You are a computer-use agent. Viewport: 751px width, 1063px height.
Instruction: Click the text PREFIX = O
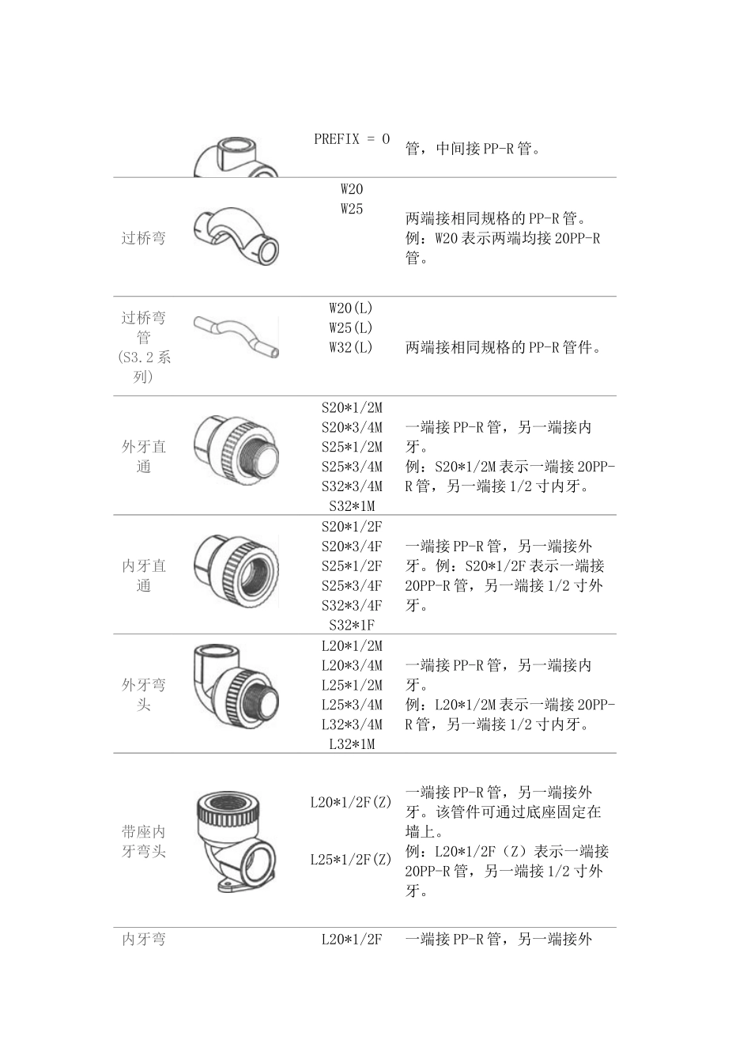(x=351, y=139)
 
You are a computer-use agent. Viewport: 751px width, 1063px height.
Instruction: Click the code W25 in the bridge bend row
(x=351, y=209)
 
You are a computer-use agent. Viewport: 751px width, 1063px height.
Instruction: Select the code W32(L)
(x=351, y=347)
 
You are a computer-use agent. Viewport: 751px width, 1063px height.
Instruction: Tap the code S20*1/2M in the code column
(x=351, y=408)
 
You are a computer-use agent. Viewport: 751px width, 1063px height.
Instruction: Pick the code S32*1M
(x=351, y=506)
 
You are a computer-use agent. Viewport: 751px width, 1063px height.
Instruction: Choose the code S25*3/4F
(x=351, y=586)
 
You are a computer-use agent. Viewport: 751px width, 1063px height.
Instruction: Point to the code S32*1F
(x=351, y=625)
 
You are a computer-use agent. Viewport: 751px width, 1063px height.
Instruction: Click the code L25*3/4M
(x=351, y=705)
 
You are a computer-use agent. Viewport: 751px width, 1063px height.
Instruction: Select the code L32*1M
(x=351, y=744)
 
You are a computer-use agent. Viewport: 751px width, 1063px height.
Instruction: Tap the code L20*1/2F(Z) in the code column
(x=351, y=803)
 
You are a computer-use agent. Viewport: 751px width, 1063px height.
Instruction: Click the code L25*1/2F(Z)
(x=351, y=859)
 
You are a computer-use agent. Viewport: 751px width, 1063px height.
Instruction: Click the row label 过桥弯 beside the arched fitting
(x=143, y=237)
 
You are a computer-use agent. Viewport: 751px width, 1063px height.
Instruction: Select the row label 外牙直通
(x=143, y=456)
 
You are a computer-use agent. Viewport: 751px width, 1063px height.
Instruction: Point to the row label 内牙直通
(x=143, y=576)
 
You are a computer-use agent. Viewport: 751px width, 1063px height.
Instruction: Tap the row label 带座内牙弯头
(x=143, y=842)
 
